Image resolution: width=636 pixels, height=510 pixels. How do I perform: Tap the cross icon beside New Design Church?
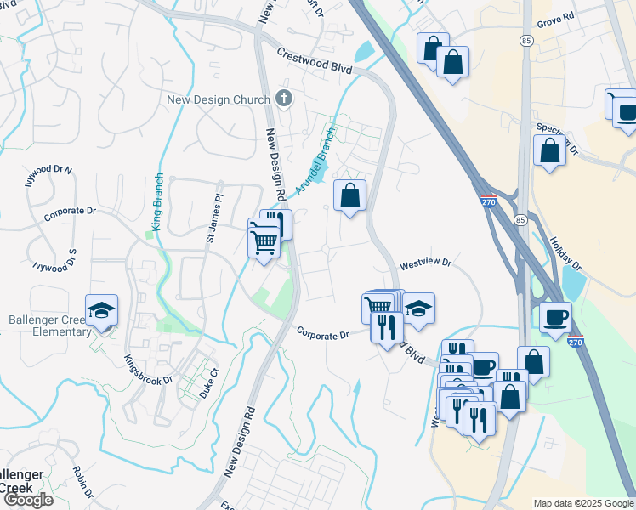tap(284, 99)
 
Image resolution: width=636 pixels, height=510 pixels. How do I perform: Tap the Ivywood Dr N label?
tap(49, 175)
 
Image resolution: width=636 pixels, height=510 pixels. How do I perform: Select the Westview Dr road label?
tap(425, 263)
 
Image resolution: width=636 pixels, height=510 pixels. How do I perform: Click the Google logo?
tap(27, 499)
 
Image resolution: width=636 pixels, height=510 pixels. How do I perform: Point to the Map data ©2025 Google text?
tap(582, 503)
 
